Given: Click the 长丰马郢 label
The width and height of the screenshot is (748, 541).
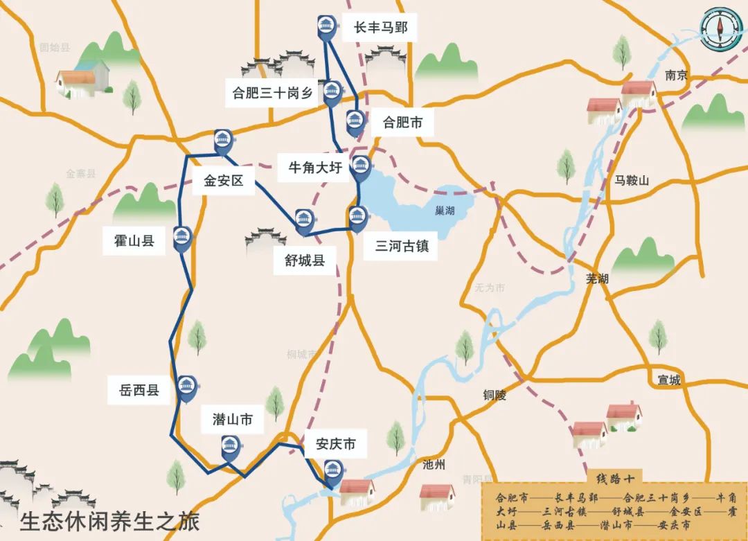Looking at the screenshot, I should pyautogui.click(x=380, y=28).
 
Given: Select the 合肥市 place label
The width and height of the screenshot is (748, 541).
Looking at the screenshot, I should pyautogui.click(x=402, y=123).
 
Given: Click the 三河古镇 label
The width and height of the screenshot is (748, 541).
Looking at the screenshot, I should pyautogui.click(x=402, y=246).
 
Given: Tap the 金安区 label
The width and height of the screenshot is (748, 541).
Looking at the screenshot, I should pyautogui.click(x=224, y=181).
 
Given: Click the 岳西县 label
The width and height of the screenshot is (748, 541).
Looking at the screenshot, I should pyautogui.click(x=134, y=391).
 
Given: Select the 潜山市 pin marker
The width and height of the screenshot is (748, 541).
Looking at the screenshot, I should pyautogui.click(x=230, y=447).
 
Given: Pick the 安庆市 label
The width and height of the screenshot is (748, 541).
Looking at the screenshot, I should pyautogui.click(x=335, y=444).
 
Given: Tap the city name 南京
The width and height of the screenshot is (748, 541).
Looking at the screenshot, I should pyautogui.click(x=676, y=76).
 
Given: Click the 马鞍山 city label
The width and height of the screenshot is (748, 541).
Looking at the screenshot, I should pyautogui.click(x=632, y=181).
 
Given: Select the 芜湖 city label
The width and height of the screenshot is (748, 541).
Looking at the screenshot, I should pyautogui.click(x=597, y=278).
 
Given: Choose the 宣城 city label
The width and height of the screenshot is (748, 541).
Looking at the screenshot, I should pyautogui.click(x=669, y=380).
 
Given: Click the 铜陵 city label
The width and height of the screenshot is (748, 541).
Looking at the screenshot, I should pyautogui.click(x=495, y=396).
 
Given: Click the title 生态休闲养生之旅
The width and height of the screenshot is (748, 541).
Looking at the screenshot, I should pyautogui.click(x=109, y=520).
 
